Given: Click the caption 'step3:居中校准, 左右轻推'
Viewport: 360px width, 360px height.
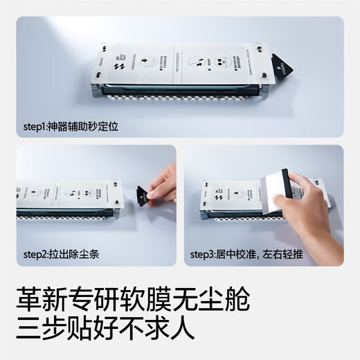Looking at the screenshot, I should (246, 254).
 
